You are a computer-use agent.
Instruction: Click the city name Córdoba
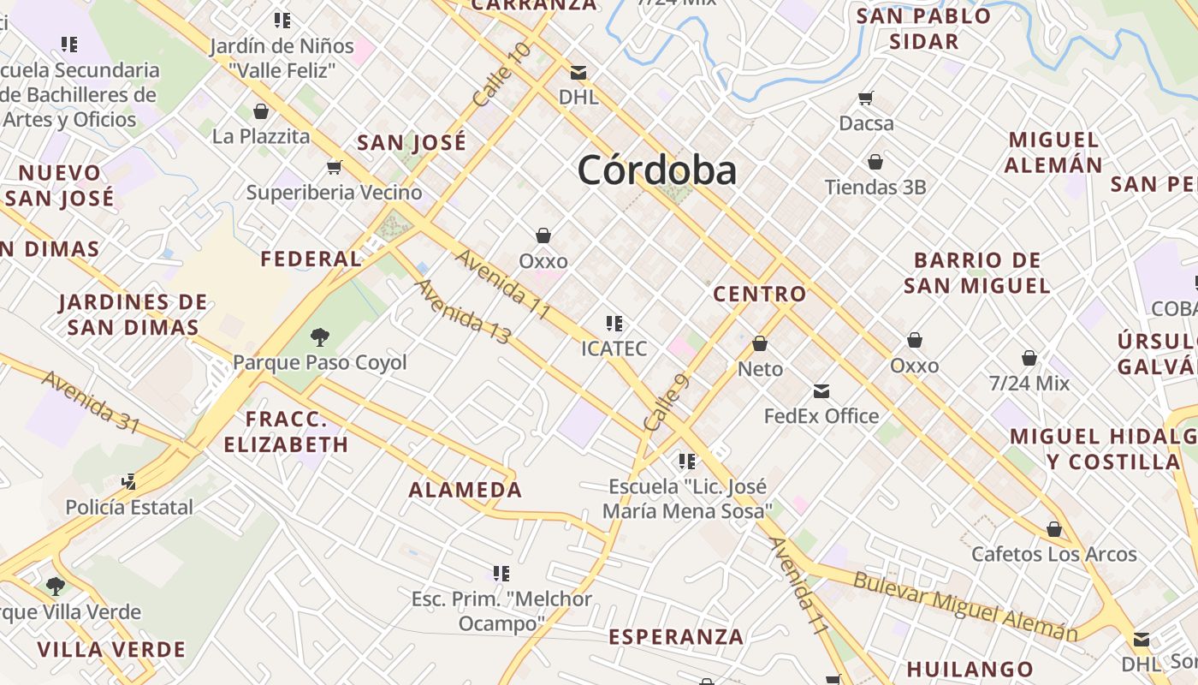(x=656, y=170)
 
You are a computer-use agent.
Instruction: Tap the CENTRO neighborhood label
(x=760, y=294)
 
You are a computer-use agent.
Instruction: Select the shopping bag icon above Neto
(x=760, y=343)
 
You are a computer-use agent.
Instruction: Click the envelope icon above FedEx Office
(x=821, y=391)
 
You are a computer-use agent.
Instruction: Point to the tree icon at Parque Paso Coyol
(x=320, y=337)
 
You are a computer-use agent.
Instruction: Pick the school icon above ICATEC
(x=614, y=324)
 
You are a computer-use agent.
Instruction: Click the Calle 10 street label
(x=501, y=74)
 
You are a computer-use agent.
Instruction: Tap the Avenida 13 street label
(x=463, y=312)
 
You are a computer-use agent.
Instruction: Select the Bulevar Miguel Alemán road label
(x=964, y=606)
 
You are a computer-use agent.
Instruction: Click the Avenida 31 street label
(x=91, y=402)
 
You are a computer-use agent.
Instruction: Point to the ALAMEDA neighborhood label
(x=465, y=490)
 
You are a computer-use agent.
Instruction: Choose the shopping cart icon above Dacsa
(x=866, y=98)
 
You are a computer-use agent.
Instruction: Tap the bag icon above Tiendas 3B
(x=875, y=162)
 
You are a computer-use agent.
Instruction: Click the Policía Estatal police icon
(x=128, y=481)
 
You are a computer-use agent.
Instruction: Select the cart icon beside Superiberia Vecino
(x=334, y=167)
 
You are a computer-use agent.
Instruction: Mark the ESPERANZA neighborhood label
(x=676, y=637)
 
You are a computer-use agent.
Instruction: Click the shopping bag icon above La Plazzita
(x=261, y=111)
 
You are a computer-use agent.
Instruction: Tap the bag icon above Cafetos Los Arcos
(x=1054, y=529)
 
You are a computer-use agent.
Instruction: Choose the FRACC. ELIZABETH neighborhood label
(x=286, y=432)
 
